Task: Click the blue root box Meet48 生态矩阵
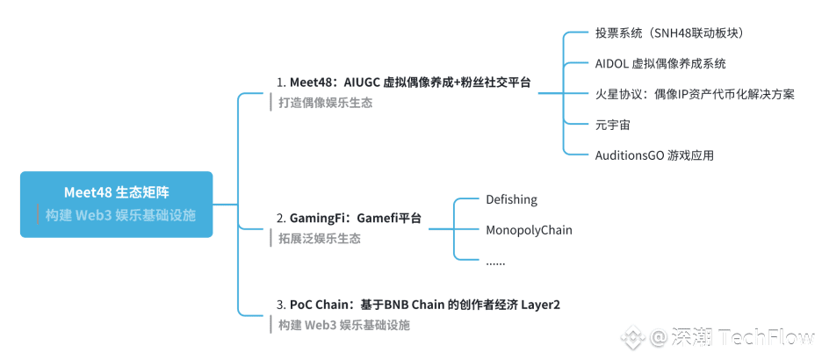pyautogui.click(x=117, y=205)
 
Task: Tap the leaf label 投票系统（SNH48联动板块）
pyautogui.click(x=669, y=33)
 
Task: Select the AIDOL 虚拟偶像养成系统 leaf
pyautogui.click(x=660, y=64)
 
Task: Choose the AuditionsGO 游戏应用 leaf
pyautogui.click(x=654, y=155)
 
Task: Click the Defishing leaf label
pyautogui.click(x=512, y=199)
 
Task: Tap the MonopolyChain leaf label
pyautogui.click(x=529, y=229)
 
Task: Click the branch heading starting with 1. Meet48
pyautogui.click(x=404, y=83)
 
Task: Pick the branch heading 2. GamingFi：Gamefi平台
pyautogui.click(x=350, y=218)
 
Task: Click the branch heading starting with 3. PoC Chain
pyautogui.click(x=418, y=305)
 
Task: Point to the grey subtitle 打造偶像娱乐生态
pyautogui.click(x=325, y=103)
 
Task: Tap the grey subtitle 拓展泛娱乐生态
pyautogui.click(x=320, y=239)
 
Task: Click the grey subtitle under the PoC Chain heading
pyautogui.click(x=344, y=325)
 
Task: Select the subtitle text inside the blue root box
pyautogui.click(x=120, y=215)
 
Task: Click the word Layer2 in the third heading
pyautogui.click(x=540, y=305)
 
